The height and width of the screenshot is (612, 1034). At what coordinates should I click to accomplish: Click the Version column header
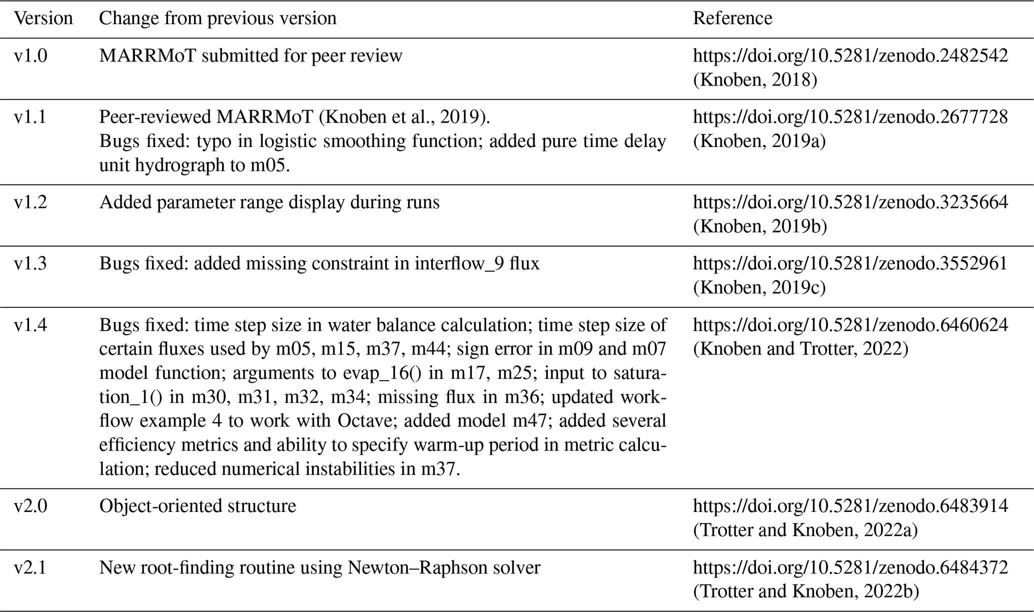click(44, 18)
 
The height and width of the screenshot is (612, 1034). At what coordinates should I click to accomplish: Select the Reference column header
click(732, 18)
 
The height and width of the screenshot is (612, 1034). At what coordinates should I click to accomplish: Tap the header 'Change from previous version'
click(218, 18)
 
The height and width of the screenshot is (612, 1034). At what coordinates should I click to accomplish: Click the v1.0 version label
click(31, 55)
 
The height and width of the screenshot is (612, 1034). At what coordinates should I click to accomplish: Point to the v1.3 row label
click(31, 263)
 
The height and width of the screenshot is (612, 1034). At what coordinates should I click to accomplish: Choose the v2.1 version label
click(31, 568)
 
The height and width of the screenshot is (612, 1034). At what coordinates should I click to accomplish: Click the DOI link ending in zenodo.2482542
click(850, 55)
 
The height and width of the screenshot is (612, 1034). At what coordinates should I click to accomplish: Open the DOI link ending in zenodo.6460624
click(850, 325)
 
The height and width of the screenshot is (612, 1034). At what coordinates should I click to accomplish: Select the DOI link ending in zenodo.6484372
click(850, 568)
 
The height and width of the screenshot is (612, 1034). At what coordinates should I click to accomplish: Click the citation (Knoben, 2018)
click(755, 80)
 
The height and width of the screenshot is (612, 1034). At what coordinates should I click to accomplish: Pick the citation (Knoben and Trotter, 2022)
click(800, 349)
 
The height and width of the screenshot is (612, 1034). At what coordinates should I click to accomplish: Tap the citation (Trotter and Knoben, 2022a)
click(805, 530)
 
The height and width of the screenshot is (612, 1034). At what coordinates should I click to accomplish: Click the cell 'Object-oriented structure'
click(198, 506)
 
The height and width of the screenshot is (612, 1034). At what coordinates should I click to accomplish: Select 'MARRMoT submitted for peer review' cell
click(251, 55)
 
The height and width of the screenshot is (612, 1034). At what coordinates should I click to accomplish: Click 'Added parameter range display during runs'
click(269, 202)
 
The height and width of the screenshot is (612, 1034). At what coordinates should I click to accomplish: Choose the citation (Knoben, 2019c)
click(759, 288)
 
